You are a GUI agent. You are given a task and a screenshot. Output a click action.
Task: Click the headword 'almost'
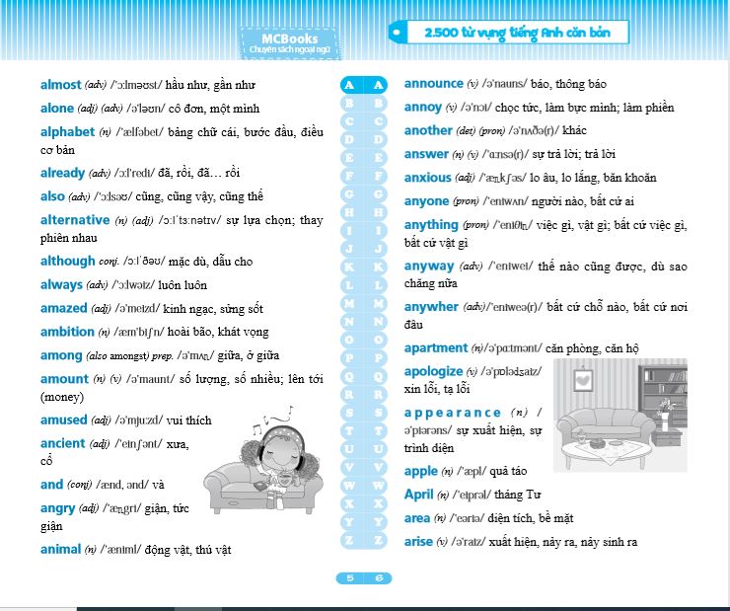61,85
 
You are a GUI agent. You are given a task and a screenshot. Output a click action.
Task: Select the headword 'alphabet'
68,132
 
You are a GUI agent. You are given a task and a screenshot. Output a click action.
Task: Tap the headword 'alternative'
75,220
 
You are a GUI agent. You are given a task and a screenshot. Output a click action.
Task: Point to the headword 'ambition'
67,332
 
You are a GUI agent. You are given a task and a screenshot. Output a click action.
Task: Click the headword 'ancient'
63,444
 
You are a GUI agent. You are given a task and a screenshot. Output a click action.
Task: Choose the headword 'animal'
61,550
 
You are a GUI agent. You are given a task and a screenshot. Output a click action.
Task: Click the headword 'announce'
433,84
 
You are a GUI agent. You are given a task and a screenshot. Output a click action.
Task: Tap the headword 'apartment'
435,348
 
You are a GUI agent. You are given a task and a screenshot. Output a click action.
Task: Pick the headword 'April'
419,495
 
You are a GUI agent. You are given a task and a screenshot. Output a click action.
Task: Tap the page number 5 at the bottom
350,578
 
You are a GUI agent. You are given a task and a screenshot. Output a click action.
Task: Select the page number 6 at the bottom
378,578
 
